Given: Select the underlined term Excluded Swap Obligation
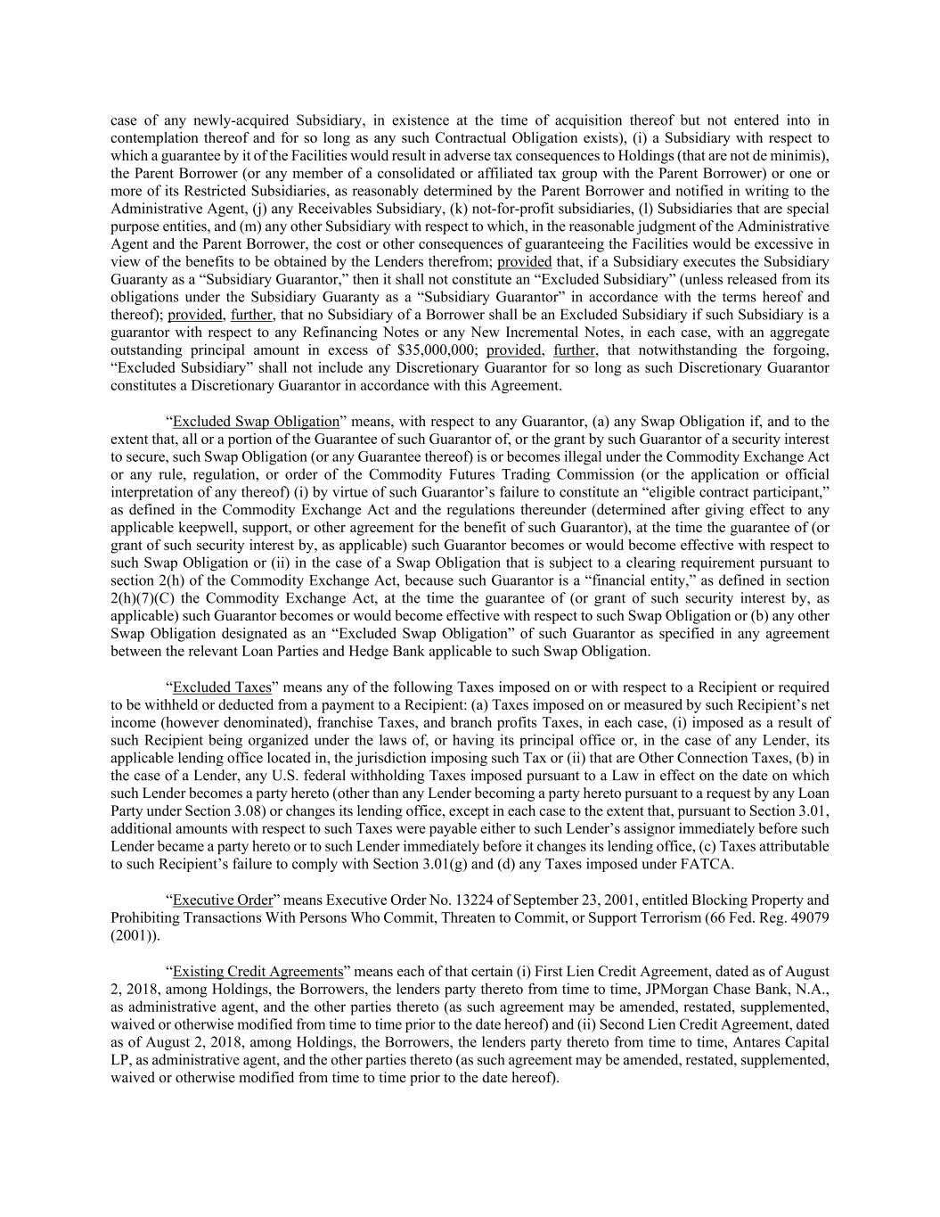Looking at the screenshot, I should [256, 422].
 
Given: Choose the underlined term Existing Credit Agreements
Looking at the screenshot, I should [257, 972].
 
